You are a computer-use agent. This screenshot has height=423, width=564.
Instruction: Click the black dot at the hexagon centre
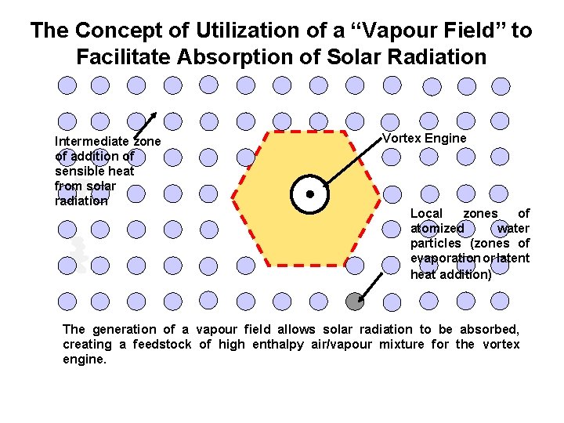pos(310,193)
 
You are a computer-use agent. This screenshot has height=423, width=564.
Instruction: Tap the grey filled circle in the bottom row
pos(355,299)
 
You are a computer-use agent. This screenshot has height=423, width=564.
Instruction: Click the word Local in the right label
pos(427,214)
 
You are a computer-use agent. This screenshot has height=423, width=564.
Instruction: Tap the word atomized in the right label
pos(437,229)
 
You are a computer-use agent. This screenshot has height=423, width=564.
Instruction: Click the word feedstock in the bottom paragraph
pos(161,345)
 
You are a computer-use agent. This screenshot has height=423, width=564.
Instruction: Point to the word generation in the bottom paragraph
pos(125,330)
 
